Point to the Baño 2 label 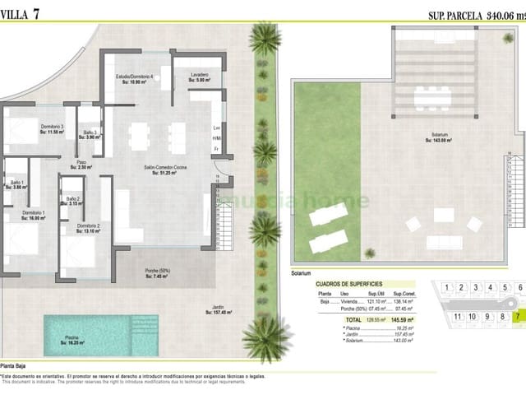[72, 202]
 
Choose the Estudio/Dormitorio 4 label [137, 79]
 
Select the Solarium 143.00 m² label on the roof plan [441, 138]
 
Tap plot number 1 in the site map [445, 288]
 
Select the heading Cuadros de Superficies [348, 284]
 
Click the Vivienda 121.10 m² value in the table [376, 301]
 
